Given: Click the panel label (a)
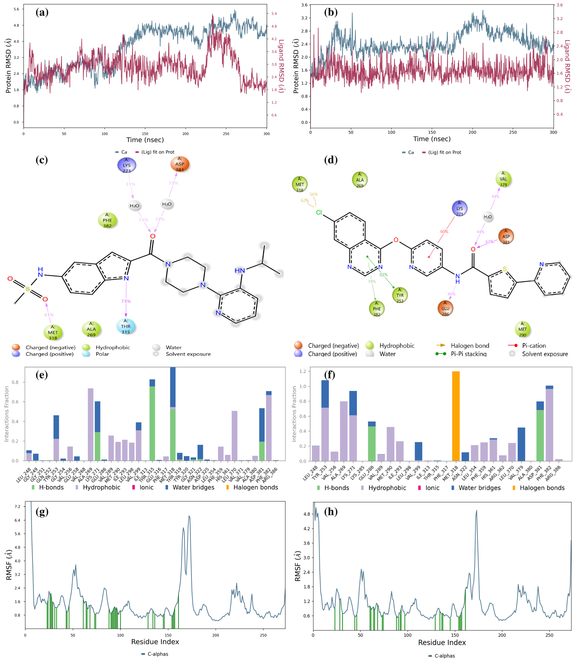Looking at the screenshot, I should [x=42, y=13].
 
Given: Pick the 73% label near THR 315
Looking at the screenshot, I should [x=126, y=301].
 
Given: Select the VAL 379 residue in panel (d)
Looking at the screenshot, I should [x=503, y=179].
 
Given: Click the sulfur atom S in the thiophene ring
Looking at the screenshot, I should [x=505, y=269].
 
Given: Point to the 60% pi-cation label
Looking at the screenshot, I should [x=444, y=231].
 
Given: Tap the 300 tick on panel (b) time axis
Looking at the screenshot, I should [x=553, y=132].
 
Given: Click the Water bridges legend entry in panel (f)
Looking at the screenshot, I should [x=479, y=488].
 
